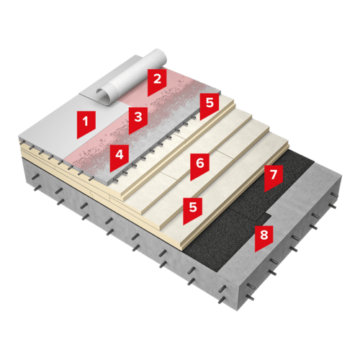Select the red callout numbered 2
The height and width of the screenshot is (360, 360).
(157, 81)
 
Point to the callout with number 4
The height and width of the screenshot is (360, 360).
(120, 156)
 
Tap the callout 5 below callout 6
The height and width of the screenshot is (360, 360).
(193, 209)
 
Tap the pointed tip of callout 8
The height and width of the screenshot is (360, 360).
(255, 252)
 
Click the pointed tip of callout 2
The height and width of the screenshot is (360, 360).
(148, 96)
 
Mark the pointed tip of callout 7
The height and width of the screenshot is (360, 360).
(264, 192)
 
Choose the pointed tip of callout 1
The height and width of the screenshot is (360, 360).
(77, 139)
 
